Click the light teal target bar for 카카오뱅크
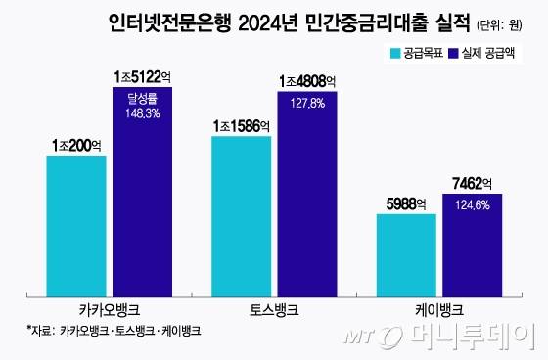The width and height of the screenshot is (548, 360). (76, 225)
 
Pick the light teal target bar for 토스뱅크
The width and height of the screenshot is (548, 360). (242, 215)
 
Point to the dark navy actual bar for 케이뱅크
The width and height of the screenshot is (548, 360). (473, 245)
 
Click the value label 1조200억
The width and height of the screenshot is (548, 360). (76, 145)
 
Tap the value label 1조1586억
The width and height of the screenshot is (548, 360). (242, 126)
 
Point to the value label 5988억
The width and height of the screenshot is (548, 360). (407, 204)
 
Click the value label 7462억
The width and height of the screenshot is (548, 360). (473, 183)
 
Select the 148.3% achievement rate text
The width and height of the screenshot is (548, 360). (143, 112)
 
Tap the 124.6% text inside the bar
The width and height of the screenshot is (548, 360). (473, 205)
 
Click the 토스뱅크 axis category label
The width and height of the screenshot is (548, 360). (275, 309)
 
